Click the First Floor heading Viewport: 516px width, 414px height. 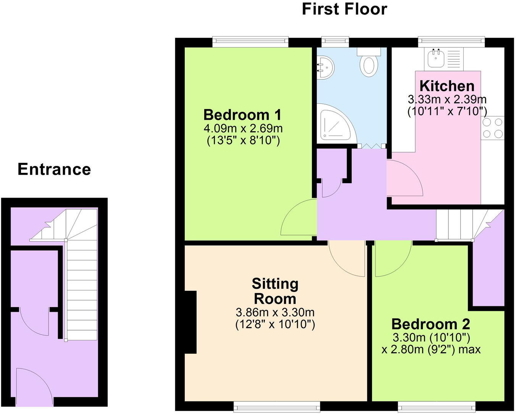click(x=344, y=9)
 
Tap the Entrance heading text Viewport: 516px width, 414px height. click(x=54, y=169)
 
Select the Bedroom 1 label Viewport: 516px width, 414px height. click(x=243, y=115)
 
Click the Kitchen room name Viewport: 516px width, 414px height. click(x=447, y=86)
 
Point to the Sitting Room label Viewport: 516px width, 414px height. click(x=275, y=291)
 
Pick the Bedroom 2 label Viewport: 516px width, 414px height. click(x=431, y=324)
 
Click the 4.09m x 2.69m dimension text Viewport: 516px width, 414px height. click(x=243, y=128)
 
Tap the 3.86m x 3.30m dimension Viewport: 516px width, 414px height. click(x=275, y=313)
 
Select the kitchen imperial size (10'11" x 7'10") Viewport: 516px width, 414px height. click(x=447, y=112)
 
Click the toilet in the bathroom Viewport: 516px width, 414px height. click(x=369, y=63)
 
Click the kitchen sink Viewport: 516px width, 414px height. click(x=435, y=58)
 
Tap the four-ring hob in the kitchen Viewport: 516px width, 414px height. click(x=493, y=128)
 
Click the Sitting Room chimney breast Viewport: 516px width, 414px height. click(x=190, y=322)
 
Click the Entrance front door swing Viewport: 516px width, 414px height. click(x=34, y=385)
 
